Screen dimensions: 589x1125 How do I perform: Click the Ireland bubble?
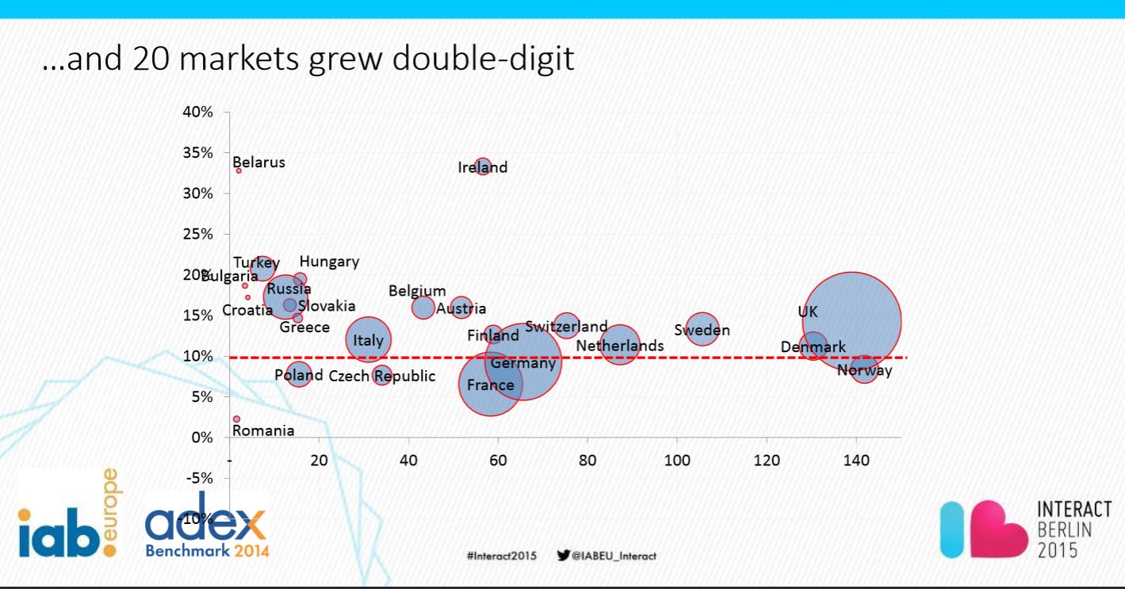point(483,166)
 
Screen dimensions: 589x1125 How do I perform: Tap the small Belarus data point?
point(239,170)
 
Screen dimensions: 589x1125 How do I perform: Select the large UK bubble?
point(851,321)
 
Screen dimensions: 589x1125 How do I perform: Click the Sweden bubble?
point(702,328)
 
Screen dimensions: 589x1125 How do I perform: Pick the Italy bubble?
point(368,340)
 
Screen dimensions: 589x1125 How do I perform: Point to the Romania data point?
point(236,419)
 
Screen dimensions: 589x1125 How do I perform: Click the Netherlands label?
point(620,346)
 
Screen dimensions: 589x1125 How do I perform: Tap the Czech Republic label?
point(382,376)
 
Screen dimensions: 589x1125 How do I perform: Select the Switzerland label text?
point(566,326)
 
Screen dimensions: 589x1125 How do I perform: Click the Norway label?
point(864,370)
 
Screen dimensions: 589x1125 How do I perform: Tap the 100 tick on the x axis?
point(676,460)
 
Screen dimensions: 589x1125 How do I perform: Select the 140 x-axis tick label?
point(855,460)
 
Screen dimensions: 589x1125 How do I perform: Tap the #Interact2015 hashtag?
point(501,556)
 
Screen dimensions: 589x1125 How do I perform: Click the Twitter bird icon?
point(564,555)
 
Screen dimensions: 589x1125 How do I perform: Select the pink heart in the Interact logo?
point(991,530)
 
